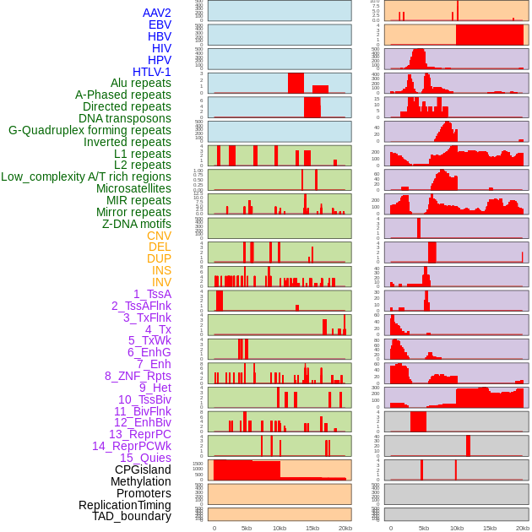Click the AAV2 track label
pyautogui.click(x=156, y=14)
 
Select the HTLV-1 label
pyautogui.click(x=151, y=72)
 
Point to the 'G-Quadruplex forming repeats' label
pyautogui.click(x=90, y=131)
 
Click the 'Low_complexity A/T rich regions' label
pyautogui.click(x=85, y=177)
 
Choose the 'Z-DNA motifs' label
pyautogui.click(x=136, y=224)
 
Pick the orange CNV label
pyautogui.click(x=159, y=236)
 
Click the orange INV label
pyautogui.click(x=161, y=282)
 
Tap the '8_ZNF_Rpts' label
pyautogui.click(x=138, y=376)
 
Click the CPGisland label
pyautogui.click(x=143, y=470)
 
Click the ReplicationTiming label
pyautogui.click(x=124, y=505)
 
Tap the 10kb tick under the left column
pyautogui.click(x=280, y=528)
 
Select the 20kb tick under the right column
pyautogui.click(x=522, y=528)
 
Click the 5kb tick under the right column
pyautogui.click(x=423, y=528)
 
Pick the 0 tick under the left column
pyautogui.click(x=214, y=528)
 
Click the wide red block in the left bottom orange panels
pyautogui.click(x=247, y=470)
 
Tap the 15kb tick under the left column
pyautogui.click(x=312, y=528)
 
